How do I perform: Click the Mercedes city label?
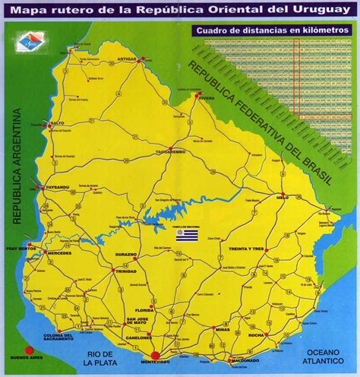tap(58, 252)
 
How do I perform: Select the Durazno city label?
tap(125, 254)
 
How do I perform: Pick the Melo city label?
tap(283, 196)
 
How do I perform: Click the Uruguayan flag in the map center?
tap(186, 236)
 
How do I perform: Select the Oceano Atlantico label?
tap(327, 356)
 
